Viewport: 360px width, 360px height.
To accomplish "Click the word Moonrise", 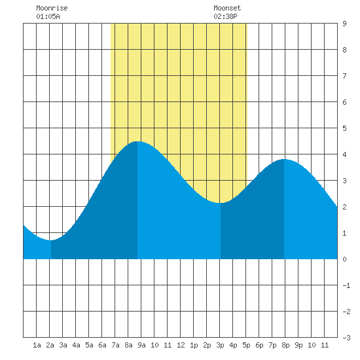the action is coord(52,9).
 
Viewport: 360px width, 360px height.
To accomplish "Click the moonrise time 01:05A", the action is coord(48,16).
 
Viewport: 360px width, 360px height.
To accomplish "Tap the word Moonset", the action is coord(227,9).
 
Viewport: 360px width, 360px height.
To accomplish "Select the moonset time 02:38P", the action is coord(225,16).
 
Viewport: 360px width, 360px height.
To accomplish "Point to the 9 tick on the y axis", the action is coord(344,24).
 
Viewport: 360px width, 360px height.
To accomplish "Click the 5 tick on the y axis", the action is coord(344,128).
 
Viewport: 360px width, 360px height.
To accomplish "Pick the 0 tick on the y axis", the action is coord(344,259).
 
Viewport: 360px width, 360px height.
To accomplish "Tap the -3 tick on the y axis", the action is coord(346,338).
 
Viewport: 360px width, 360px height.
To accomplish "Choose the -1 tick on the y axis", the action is coord(346,285).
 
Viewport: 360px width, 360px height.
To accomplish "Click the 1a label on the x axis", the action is coord(37,345).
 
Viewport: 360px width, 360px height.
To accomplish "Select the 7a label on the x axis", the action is coord(115,345).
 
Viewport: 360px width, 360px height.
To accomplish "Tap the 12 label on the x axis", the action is coord(181,345).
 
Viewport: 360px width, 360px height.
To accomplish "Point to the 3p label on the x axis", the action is coord(220,345).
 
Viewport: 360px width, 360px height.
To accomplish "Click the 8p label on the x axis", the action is coord(285,345).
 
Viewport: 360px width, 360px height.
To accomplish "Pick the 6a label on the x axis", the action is coord(102,345).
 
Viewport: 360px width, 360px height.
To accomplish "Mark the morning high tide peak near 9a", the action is coord(137,141).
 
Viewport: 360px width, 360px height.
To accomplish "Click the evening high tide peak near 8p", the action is coord(284,159).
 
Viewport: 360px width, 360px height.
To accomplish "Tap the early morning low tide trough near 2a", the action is coord(51,240).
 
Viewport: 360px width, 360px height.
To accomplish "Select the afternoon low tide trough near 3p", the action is coord(220,203).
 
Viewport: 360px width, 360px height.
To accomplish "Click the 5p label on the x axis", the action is coord(246,345).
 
